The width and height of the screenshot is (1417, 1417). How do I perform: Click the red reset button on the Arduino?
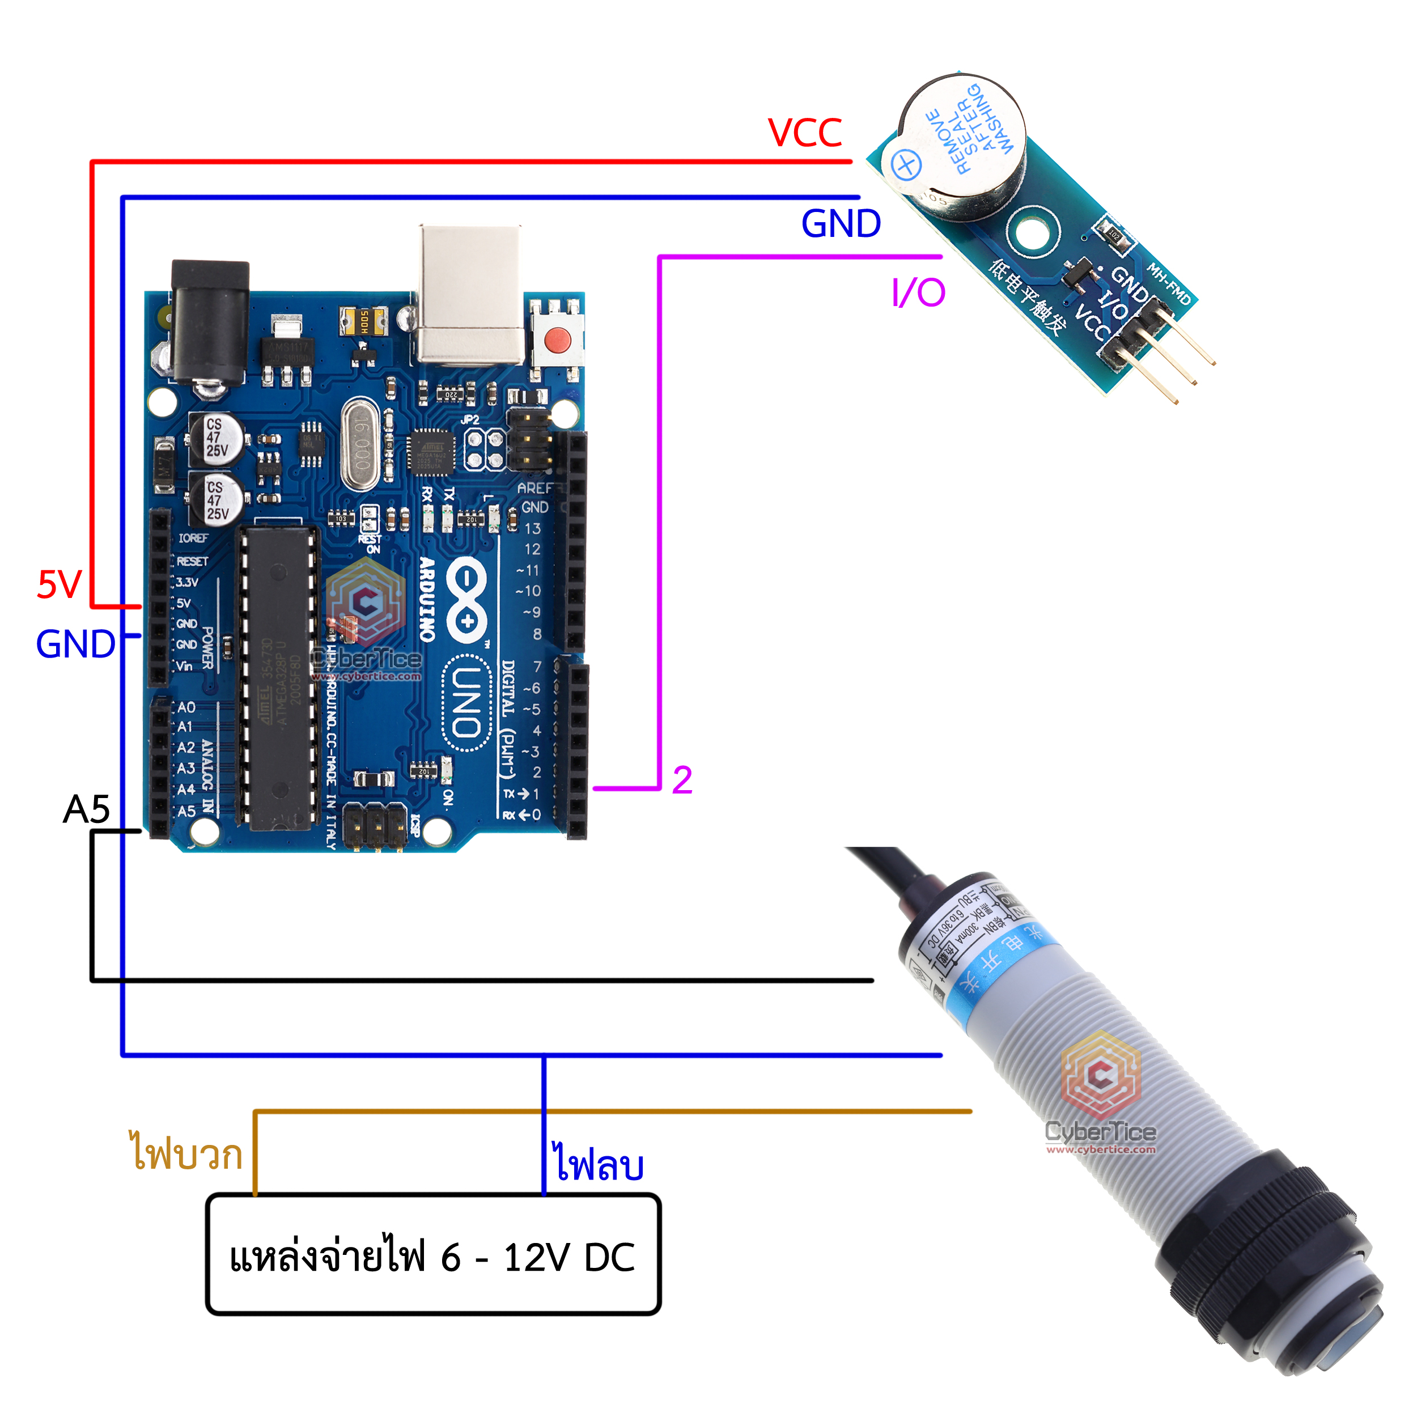pyautogui.click(x=557, y=340)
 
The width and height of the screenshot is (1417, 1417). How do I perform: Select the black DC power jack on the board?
pyautogui.click(x=210, y=323)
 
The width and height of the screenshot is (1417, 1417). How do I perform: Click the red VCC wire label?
pyautogui.click(x=805, y=133)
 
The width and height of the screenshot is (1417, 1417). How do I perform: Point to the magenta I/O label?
pyautogui.click(x=918, y=292)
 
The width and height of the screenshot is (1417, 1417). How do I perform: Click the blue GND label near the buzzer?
pyautogui.click(x=841, y=224)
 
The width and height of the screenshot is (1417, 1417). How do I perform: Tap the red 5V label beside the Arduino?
pyautogui.click(x=60, y=584)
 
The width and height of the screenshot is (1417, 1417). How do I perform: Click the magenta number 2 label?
pyautogui.click(x=682, y=780)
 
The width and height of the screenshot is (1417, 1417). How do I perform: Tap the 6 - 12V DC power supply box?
pyautogui.click(x=432, y=1257)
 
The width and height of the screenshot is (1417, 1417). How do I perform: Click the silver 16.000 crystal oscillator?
pyautogui.click(x=360, y=444)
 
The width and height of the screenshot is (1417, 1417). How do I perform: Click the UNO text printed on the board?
pyautogui.click(x=466, y=701)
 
